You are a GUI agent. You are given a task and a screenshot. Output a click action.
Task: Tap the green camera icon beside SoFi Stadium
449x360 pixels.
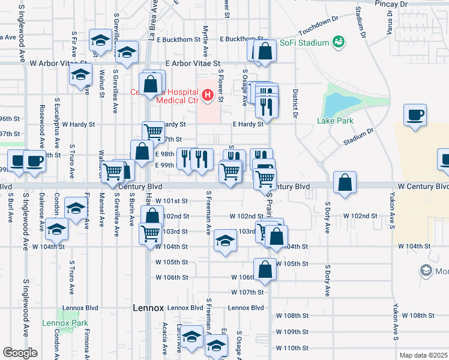[x=339, y=41]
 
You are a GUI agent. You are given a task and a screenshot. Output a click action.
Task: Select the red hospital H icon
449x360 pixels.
[x=208, y=95]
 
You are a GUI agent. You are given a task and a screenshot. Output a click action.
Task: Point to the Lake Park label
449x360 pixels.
[x=335, y=121]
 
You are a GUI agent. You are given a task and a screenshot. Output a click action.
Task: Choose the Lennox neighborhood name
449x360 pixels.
[x=148, y=308]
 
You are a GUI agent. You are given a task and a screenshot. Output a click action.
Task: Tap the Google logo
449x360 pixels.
[x=20, y=352]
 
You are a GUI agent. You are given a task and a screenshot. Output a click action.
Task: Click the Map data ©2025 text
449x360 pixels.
[x=423, y=355]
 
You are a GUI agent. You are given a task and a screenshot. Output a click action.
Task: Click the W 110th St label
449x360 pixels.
[x=292, y=348]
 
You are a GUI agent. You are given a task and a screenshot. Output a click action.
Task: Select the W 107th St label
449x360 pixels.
[x=248, y=292]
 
